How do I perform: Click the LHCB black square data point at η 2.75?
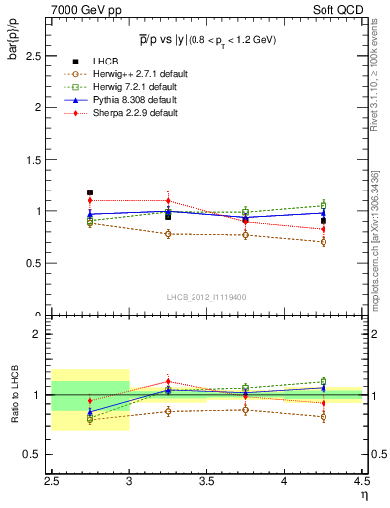coord(90,192)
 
